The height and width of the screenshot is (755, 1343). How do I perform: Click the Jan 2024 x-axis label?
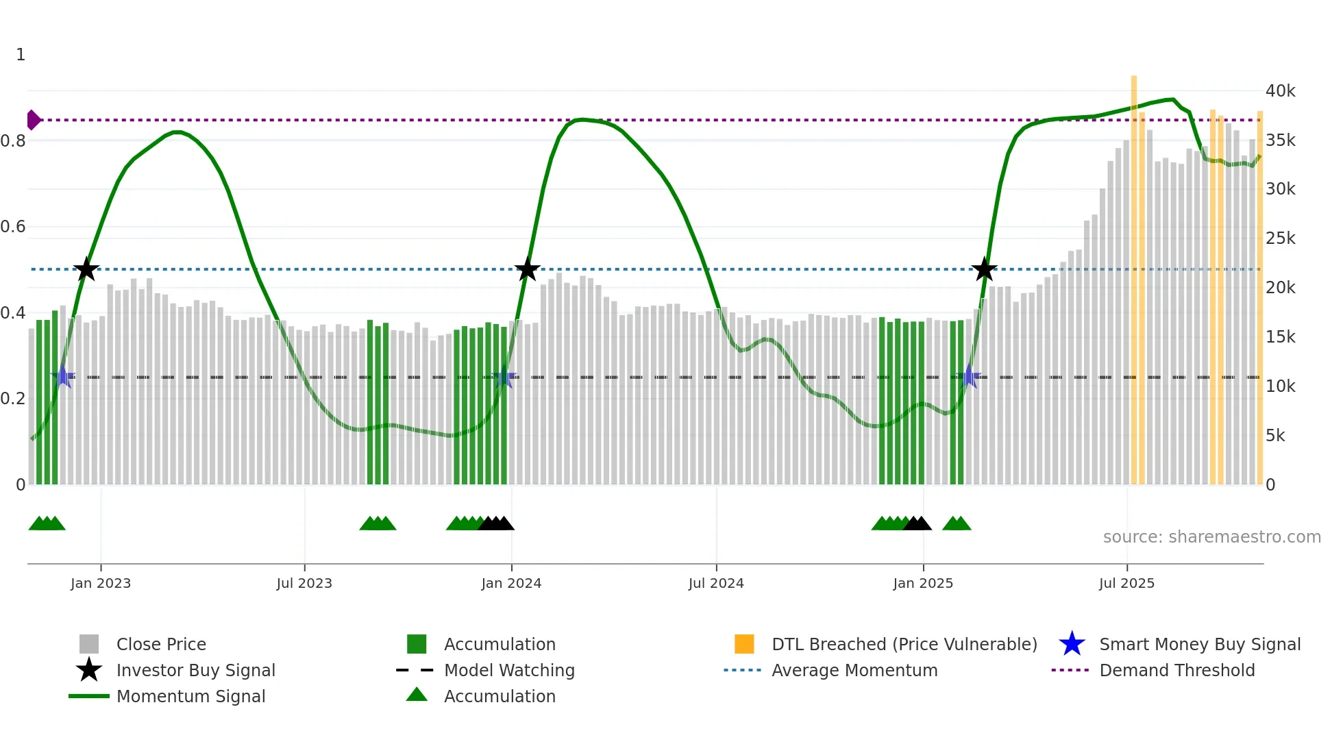[x=511, y=583]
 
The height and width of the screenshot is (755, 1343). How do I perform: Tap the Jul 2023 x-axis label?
[x=304, y=583]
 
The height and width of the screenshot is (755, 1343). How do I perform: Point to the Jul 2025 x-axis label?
[x=1126, y=583]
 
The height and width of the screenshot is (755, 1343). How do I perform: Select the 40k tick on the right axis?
[x=1280, y=91]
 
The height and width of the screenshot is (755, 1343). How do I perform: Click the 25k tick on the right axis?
[x=1280, y=238]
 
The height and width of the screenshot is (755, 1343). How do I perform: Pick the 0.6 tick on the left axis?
[x=14, y=227]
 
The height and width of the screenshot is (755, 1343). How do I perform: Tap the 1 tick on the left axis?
[x=21, y=55]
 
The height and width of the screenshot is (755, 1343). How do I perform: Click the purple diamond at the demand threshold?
[x=33, y=120]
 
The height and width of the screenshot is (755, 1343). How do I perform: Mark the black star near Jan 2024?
[x=527, y=269]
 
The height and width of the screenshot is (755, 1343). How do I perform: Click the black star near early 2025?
[x=984, y=269]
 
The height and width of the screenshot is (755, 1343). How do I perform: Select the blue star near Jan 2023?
[x=63, y=376]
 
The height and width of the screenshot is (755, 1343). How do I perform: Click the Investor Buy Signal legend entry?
[x=195, y=670]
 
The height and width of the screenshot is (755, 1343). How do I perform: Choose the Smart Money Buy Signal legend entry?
[x=1199, y=644]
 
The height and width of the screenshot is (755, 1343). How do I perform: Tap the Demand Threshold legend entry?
[x=1176, y=670]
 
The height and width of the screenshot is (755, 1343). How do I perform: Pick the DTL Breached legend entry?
[x=904, y=644]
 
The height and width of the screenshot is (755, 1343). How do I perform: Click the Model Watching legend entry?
[x=508, y=670]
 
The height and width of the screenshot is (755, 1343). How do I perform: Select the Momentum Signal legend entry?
[x=190, y=696]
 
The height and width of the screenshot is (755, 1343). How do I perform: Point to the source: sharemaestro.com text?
[x=1211, y=537]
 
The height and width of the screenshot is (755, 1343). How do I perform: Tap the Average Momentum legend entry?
[x=854, y=670]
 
